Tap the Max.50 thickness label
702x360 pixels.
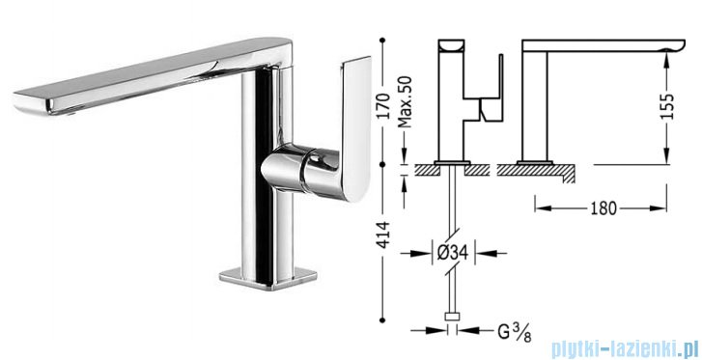[x=405, y=101]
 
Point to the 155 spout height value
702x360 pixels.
[x=666, y=106]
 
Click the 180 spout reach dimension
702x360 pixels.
[x=604, y=208]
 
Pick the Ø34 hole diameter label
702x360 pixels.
[x=452, y=254]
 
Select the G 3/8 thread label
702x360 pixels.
[x=514, y=332]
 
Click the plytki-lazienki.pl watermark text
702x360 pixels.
[x=625, y=347]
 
